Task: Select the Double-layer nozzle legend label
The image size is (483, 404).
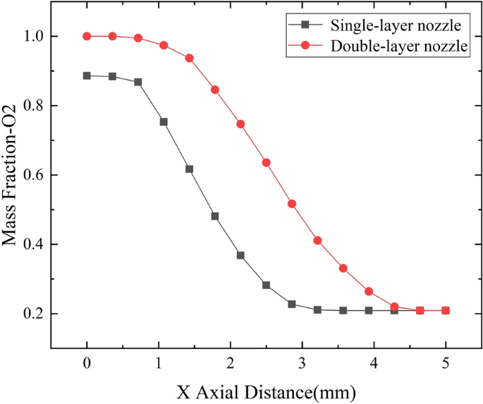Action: pos(398,47)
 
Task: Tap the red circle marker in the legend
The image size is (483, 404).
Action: pos(305,47)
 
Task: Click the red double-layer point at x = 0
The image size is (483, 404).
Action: pos(87,36)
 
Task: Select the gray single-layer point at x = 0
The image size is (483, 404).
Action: pos(87,75)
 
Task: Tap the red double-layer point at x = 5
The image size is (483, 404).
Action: pos(446,310)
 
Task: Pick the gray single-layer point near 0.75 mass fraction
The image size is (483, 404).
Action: pos(164,122)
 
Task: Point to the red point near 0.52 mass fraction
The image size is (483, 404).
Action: pos(292,204)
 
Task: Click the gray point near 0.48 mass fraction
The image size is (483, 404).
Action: pos(215,216)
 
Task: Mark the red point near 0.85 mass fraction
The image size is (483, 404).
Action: pos(215,90)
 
